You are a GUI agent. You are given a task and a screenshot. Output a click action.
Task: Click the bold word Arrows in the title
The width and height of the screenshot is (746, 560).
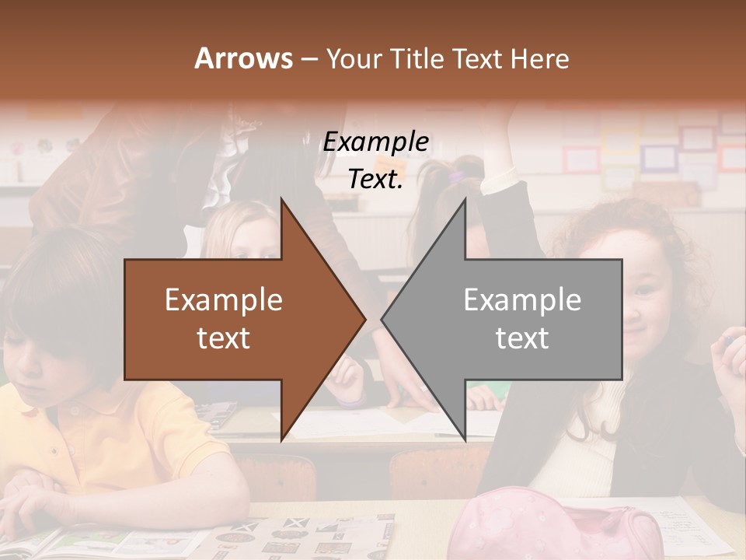(243, 58)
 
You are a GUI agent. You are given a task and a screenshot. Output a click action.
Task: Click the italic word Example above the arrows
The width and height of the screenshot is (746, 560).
(375, 142)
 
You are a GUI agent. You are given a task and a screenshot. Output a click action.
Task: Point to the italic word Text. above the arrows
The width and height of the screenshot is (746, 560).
(375, 180)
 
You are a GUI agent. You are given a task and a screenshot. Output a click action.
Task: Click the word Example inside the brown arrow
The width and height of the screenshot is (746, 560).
(224, 300)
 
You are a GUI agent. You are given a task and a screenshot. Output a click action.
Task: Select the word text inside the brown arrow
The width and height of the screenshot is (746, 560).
(224, 338)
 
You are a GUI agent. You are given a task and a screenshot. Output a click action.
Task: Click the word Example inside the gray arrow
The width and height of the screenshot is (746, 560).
(522, 300)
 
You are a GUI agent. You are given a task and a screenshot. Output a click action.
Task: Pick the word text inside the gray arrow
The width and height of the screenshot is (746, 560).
(522, 338)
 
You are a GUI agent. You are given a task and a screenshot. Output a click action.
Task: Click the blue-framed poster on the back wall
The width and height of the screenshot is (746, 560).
(658, 158)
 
